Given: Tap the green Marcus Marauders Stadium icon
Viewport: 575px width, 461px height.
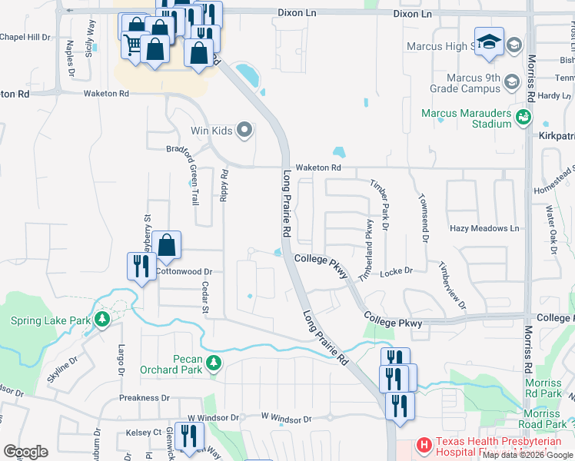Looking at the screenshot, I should click(524, 117).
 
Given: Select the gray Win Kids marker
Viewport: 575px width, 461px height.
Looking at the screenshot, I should click(245, 130).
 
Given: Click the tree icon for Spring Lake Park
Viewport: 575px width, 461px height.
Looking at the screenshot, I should click(101, 319).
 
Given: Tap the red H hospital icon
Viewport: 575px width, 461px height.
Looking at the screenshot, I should click(424, 445).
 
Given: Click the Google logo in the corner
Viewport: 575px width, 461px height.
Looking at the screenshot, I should click(25, 451).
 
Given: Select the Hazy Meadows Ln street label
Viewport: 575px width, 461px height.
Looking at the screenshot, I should click(485, 229).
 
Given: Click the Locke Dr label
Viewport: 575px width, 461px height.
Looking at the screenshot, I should click(397, 271).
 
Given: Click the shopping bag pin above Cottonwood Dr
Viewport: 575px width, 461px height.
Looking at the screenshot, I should click(166, 246).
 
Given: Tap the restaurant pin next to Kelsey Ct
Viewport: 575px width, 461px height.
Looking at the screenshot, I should click(188, 436).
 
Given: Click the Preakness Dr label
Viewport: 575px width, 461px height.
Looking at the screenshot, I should click(144, 398).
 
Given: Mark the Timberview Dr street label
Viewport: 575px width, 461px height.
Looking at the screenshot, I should click(452, 284).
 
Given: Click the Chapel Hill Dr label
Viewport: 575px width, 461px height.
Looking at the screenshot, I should click(25, 37).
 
